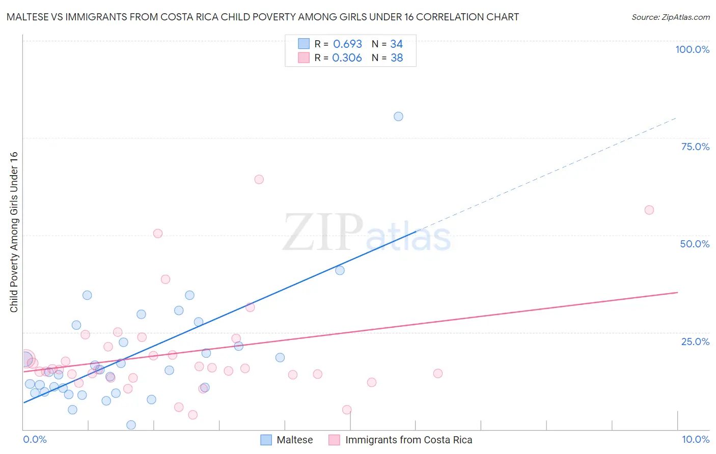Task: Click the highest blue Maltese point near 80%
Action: pyautogui.click(x=398, y=117)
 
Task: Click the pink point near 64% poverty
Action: pyautogui.click(x=259, y=179)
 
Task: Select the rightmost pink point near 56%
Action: pyautogui.click(x=649, y=210)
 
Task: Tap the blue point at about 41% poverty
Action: pyautogui.click(x=340, y=270)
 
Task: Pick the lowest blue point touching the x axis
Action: pyautogui.click(x=131, y=425)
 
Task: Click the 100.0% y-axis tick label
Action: pyautogui.click(x=692, y=49)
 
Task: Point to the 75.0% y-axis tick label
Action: pyautogui.click(x=695, y=147)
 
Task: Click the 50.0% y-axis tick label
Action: pyautogui.click(x=695, y=244)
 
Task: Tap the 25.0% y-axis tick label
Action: pyautogui.click(x=695, y=342)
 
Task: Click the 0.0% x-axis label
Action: pyautogui.click(x=35, y=439)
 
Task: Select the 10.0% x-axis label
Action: pyautogui.click(x=695, y=439)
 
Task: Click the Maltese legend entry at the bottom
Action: pyautogui.click(x=294, y=440)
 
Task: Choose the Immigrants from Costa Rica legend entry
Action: pyautogui.click(x=408, y=440)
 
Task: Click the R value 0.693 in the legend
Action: pyautogui.click(x=347, y=44)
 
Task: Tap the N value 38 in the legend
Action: pyautogui.click(x=397, y=58)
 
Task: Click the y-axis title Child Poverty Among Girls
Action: pyautogui.click(x=14, y=232)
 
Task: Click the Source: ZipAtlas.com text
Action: pyautogui.click(x=670, y=17)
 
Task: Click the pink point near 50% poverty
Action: pyautogui.click(x=158, y=234)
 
